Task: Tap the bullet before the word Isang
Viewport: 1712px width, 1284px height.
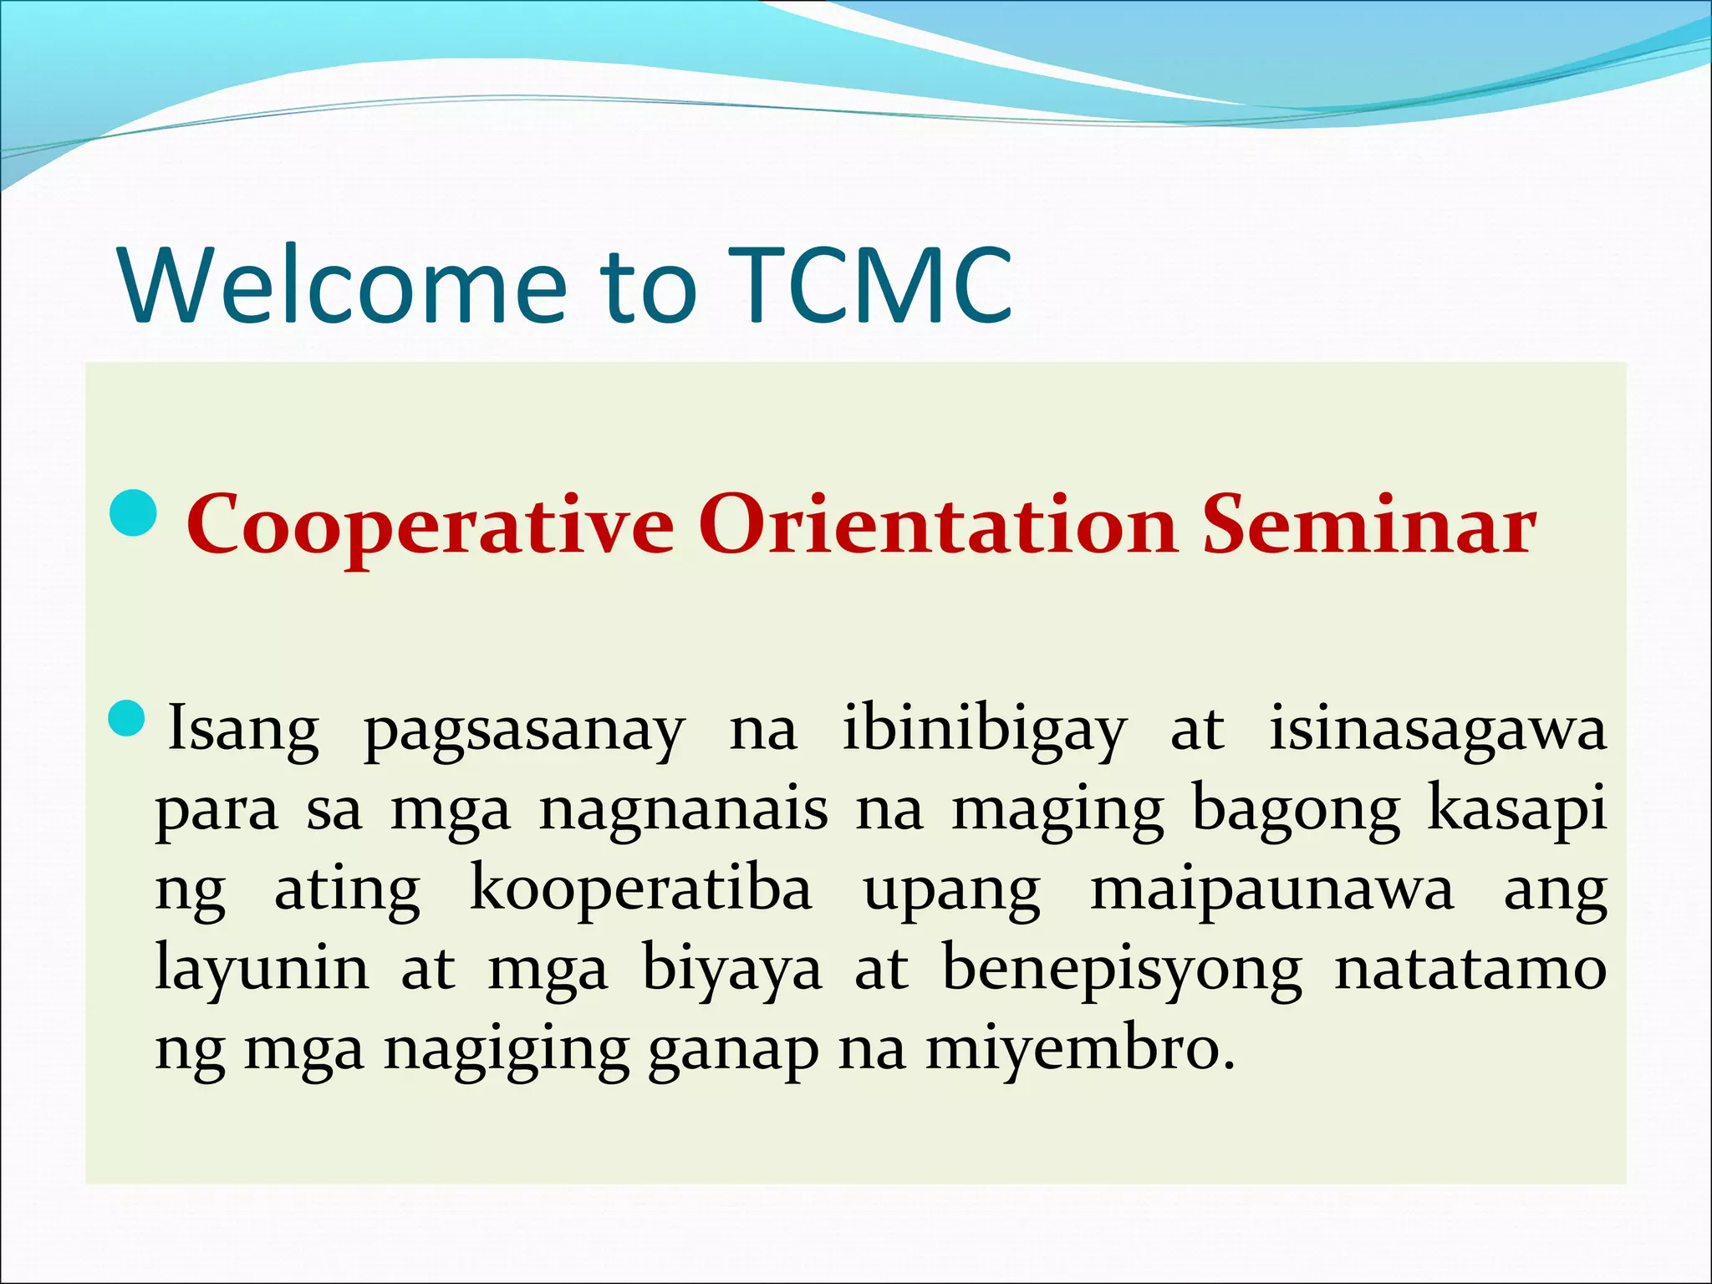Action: pyautogui.click(x=128, y=719)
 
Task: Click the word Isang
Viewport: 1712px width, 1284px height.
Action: pyautogui.click(x=243, y=729)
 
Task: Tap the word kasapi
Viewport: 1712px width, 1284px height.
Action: pyautogui.click(x=1516, y=809)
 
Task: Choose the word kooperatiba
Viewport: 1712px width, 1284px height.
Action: pyautogui.click(x=640, y=889)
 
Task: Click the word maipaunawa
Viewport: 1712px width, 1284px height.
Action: pyautogui.click(x=1271, y=889)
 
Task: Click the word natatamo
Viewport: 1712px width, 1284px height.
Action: pyautogui.click(x=1470, y=968)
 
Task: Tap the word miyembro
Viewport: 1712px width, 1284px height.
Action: pyautogui.click(x=1078, y=1048)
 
